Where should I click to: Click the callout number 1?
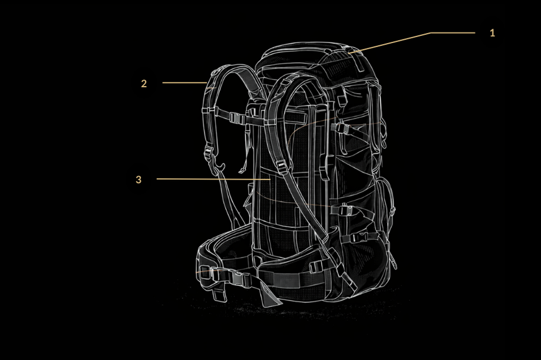point(492,33)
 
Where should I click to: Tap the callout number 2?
point(144,84)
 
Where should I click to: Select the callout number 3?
point(138,180)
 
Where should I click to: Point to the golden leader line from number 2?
point(184,82)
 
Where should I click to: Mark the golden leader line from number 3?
point(213,179)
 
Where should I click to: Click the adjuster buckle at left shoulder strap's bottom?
point(209,153)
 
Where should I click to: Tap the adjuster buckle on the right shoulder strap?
point(281,166)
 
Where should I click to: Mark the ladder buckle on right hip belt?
point(316,266)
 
